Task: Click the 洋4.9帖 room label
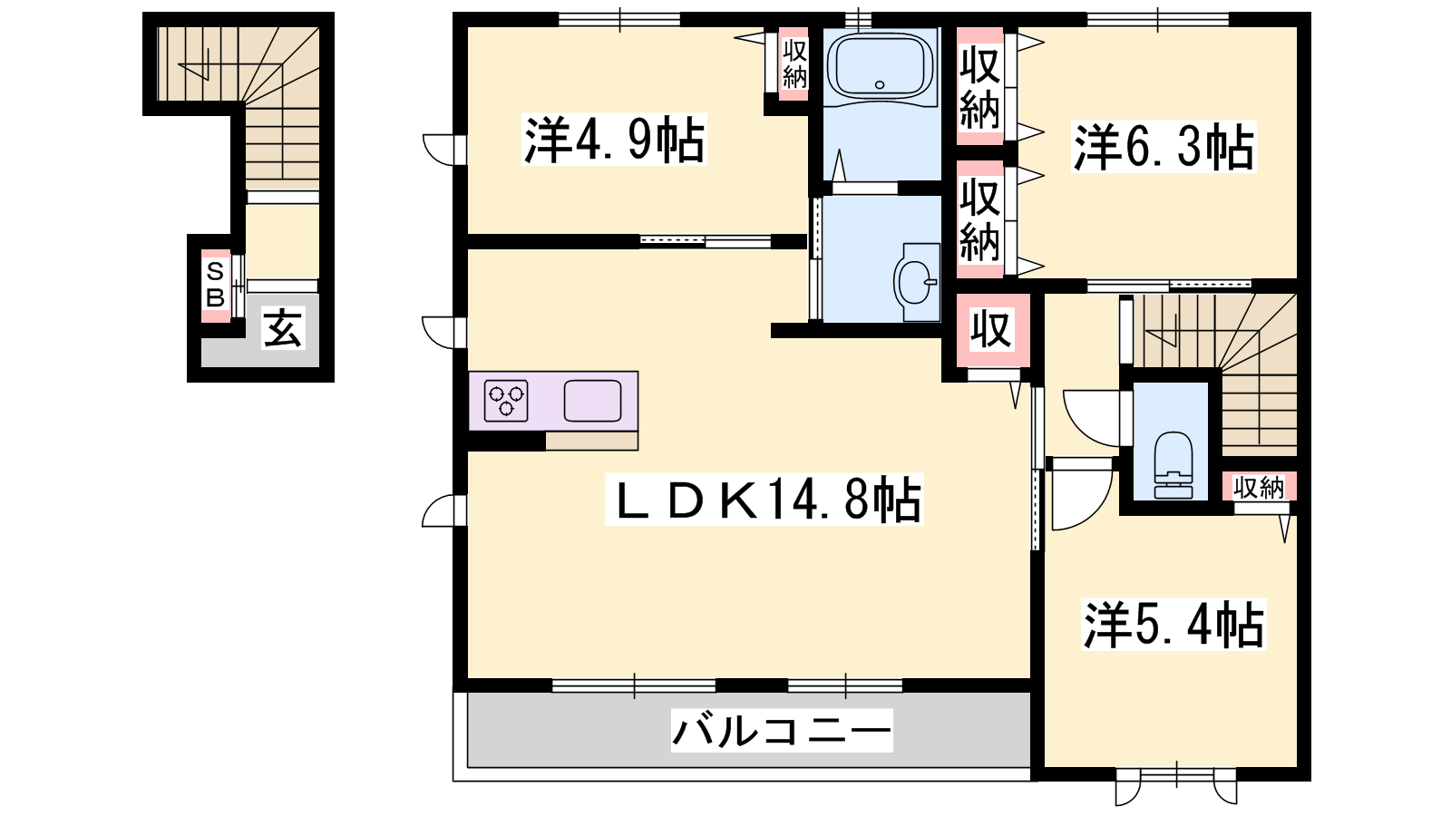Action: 614,140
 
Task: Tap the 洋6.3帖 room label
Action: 1164,147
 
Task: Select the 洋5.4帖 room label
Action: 1173,625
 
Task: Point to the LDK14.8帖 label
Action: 764,500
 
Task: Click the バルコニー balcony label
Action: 782,731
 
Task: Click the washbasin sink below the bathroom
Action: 916,282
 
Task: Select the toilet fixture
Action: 1173,465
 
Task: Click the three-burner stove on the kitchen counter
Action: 506,401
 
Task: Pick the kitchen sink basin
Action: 592,401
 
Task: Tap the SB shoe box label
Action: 215,285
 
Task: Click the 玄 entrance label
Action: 282,327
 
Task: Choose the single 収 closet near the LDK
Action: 991,330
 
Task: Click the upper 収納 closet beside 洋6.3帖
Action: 979,87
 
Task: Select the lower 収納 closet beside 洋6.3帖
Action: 979,220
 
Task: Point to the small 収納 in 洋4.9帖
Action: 794,63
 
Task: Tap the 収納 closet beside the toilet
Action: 1259,487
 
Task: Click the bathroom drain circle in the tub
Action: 880,85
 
